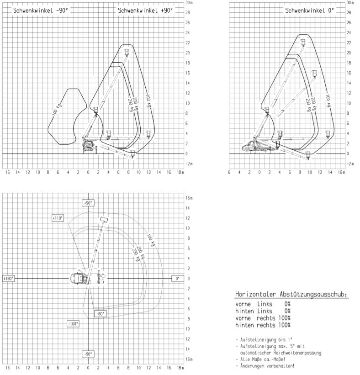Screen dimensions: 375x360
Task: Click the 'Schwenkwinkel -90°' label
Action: coord(40,10)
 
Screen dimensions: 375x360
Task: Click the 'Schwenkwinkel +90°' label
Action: coord(145,10)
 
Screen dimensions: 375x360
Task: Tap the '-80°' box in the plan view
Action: coord(100,314)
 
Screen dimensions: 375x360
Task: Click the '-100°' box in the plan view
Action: coord(73,323)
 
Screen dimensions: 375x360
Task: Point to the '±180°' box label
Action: coord(8,278)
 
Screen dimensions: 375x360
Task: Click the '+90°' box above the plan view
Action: coord(88,202)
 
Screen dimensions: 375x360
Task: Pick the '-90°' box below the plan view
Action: coord(88,354)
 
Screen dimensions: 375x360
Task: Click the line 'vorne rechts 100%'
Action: coord(263,318)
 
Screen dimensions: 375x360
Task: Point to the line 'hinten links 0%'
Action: coord(263,311)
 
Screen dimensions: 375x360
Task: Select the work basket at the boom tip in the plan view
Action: coord(104,220)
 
